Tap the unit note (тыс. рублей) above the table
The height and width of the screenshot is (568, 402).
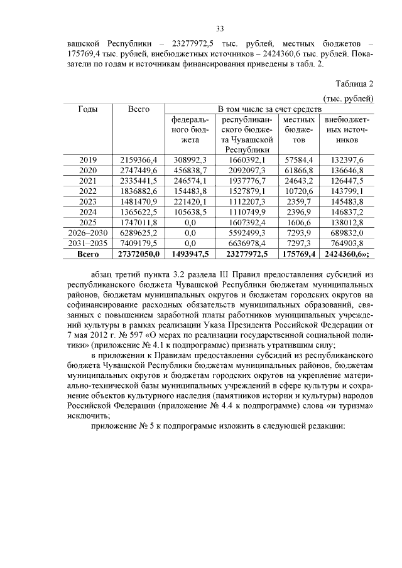[349, 98]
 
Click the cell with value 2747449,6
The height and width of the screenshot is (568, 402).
[138, 171]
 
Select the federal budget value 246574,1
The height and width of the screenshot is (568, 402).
[186, 181]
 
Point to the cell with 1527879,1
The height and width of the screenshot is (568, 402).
[247, 191]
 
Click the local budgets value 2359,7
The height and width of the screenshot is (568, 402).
[299, 201]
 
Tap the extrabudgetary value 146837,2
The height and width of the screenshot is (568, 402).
[347, 212]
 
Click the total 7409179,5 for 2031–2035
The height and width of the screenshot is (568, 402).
[138, 242]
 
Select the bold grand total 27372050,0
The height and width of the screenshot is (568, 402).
[138, 253]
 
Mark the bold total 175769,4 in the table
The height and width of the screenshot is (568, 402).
[299, 253]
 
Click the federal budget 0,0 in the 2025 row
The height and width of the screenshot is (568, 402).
[186, 222]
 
